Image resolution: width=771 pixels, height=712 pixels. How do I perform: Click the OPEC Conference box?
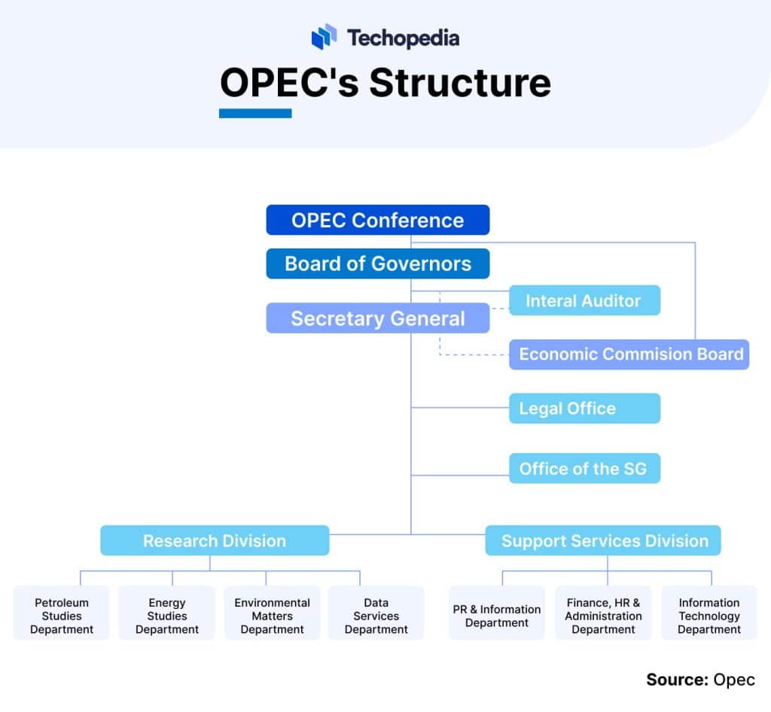[x=377, y=220]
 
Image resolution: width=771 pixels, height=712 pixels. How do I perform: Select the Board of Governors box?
[x=377, y=263]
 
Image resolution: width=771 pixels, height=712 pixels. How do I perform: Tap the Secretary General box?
[x=377, y=318]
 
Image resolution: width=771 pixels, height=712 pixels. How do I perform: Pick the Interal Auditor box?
[x=584, y=300]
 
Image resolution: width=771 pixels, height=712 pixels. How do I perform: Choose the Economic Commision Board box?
[x=629, y=354]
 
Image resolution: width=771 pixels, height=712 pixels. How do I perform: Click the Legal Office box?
[x=584, y=409]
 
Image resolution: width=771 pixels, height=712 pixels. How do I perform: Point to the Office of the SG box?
[x=584, y=468]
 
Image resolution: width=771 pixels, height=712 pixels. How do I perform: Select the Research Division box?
[x=215, y=540]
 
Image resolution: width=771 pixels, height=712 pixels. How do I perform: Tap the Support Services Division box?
[x=603, y=540]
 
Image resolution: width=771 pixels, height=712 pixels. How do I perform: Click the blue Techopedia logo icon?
[x=325, y=37]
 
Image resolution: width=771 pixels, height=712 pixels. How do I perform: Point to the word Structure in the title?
[x=460, y=83]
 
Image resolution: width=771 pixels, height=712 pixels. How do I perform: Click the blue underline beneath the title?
[x=255, y=114]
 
